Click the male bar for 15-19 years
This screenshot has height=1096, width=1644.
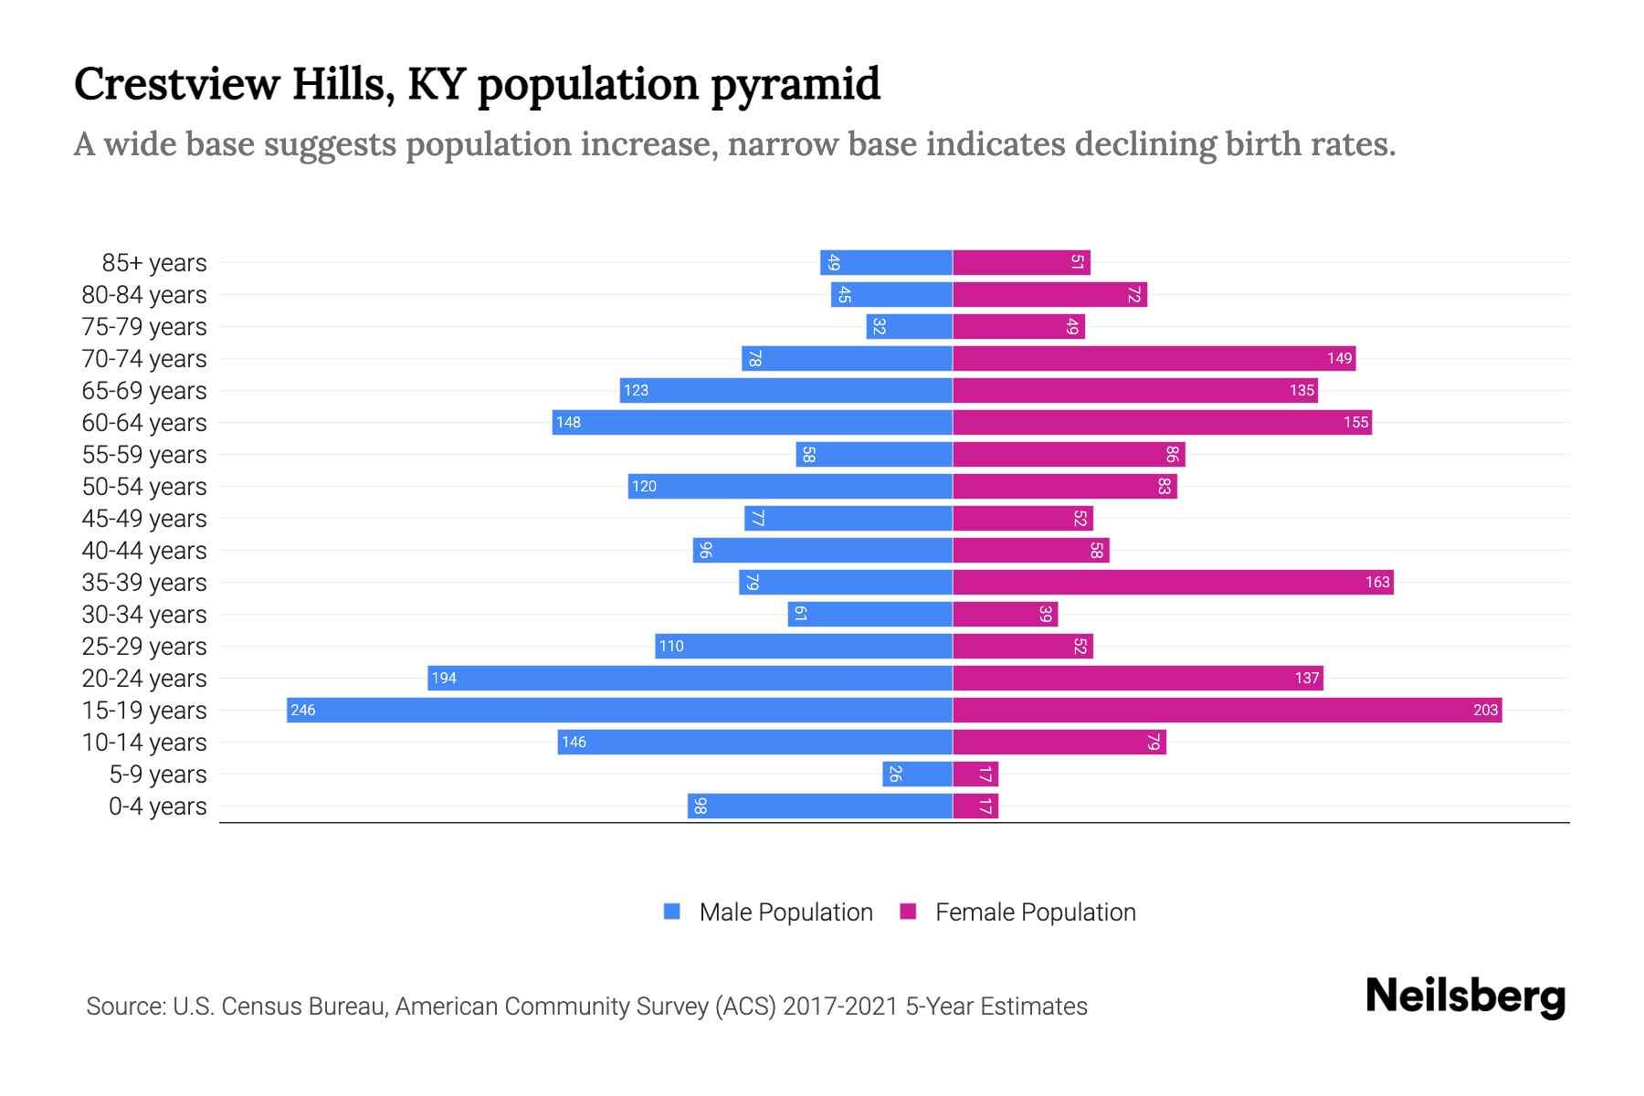[x=619, y=711]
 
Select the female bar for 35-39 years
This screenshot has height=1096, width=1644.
[x=1173, y=583]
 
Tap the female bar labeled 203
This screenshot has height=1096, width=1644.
[x=1227, y=711]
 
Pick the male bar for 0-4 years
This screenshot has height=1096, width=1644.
[x=820, y=806]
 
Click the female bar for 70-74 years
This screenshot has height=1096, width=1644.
[x=1154, y=359]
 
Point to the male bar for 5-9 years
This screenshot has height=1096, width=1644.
[x=917, y=775]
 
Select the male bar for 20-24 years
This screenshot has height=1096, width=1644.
[x=690, y=679]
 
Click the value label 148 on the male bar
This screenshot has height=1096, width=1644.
[x=568, y=423]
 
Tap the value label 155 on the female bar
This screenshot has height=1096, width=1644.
[x=1355, y=423]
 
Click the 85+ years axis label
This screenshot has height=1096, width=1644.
[x=153, y=263]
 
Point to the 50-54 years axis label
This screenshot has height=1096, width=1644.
[x=144, y=487]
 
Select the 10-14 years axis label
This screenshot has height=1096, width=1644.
[x=144, y=743]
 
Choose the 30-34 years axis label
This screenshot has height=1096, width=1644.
[x=144, y=615]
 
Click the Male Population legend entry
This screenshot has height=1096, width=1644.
[x=785, y=912]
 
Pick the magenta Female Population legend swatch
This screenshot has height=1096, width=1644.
[x=908, y=912]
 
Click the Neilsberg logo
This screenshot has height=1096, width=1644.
[x=1465, y=996]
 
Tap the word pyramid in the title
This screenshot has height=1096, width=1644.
[x=795, y=85]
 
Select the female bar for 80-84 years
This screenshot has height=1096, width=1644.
[x=1049, y=295]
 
